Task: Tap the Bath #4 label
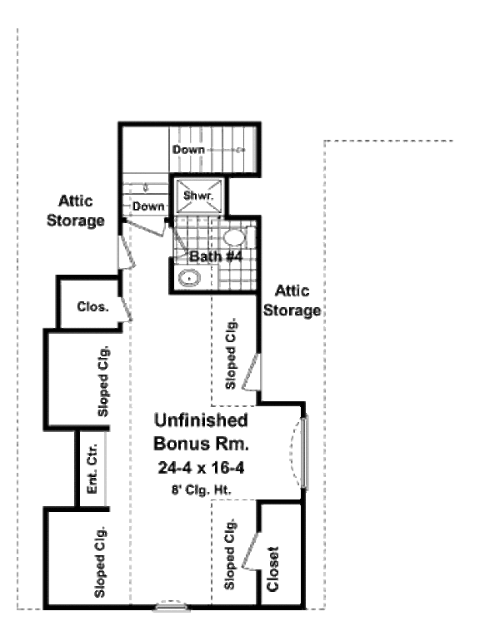(x=215, y=256)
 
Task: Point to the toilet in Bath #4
(x=235, y=236)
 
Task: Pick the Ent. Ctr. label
(x=92, y=470)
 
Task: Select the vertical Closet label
(x=273, y=569)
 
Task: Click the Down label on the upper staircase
(x=188, y=149)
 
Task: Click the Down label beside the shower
(x=147, y=206)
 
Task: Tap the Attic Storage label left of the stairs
(x=81, y=211)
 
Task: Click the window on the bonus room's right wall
(x=303, y=453)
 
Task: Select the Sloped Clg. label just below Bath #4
(x=232, y=354)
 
